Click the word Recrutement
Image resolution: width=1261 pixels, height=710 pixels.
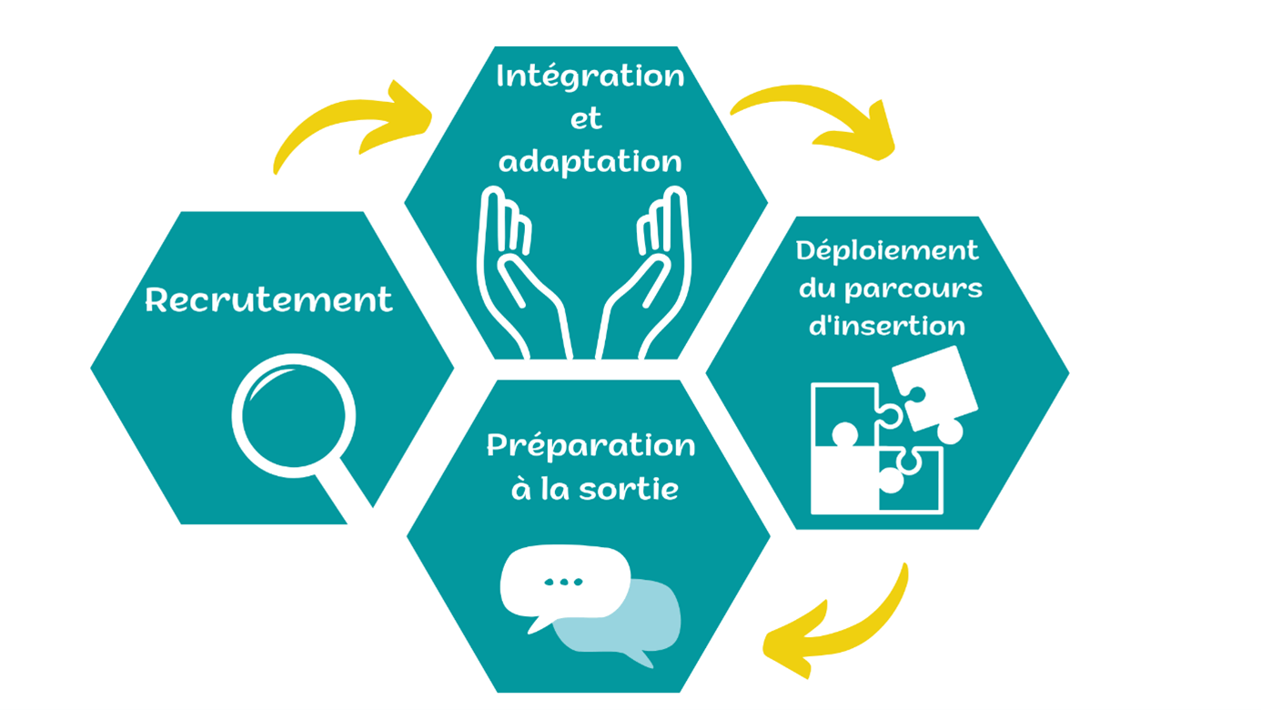tap(268, 299)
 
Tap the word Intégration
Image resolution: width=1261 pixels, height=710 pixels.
tap(590, 76)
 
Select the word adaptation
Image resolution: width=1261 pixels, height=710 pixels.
tap(590, 161)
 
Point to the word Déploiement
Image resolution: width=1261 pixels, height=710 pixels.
tap(887, 250)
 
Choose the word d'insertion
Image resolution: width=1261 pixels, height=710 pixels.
tap(887, 325)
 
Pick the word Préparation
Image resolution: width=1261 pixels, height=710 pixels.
tap(590, 445)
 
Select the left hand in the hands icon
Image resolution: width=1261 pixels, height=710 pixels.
tap(519, 273)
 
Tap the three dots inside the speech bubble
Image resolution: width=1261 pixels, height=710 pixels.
tap(563, 582)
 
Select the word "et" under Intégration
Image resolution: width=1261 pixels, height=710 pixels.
tap(587, 119)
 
